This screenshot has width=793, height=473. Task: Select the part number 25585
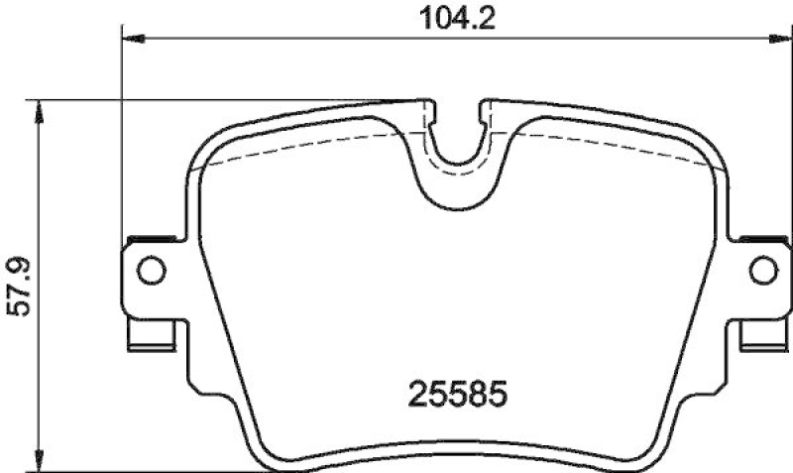coord(458,395)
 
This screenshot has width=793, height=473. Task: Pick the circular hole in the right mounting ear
coord(761,268)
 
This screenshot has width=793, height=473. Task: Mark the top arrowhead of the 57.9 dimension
coord(39,108)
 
